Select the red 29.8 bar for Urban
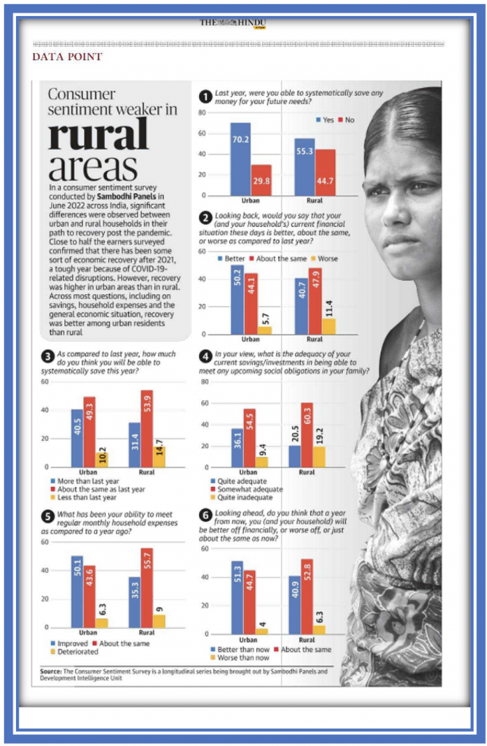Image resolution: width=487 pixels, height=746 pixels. point(261,180)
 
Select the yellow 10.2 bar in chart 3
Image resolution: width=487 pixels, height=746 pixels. point(101,460)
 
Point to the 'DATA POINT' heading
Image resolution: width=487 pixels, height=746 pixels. point(67,57)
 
